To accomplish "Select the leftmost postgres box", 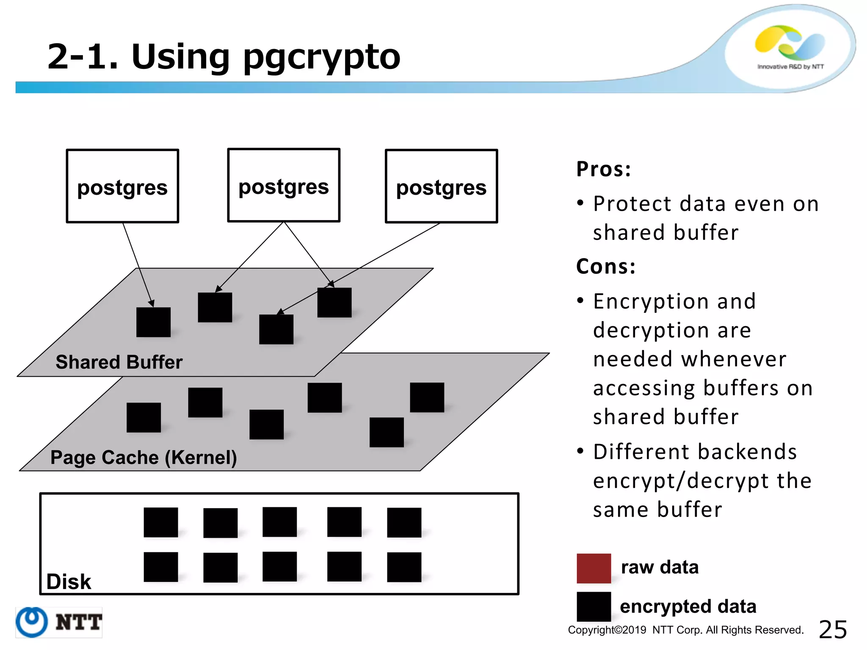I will (x=122, y=186).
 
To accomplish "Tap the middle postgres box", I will (x=284, y=185).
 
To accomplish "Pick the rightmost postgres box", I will (x=441, y=186).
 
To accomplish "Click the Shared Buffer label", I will (x=119, y=362).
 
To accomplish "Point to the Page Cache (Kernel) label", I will (x=144, y=457).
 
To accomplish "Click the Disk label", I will (x=69, y=581).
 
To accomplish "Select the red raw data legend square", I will (x=594, y=568).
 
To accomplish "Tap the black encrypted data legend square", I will (x=594, y=606).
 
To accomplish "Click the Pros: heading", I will (x=604, y=169).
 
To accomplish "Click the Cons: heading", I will (x=606, y=266).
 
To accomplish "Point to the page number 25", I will (x=833, y=629).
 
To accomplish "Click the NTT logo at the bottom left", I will (x=59, y=622).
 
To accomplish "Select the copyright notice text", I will (x=685, y=630).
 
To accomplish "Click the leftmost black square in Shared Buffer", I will (x=153, y=322).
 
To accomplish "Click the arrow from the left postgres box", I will (x=138, y=264).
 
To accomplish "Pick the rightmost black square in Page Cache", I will (x=427, y=397).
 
